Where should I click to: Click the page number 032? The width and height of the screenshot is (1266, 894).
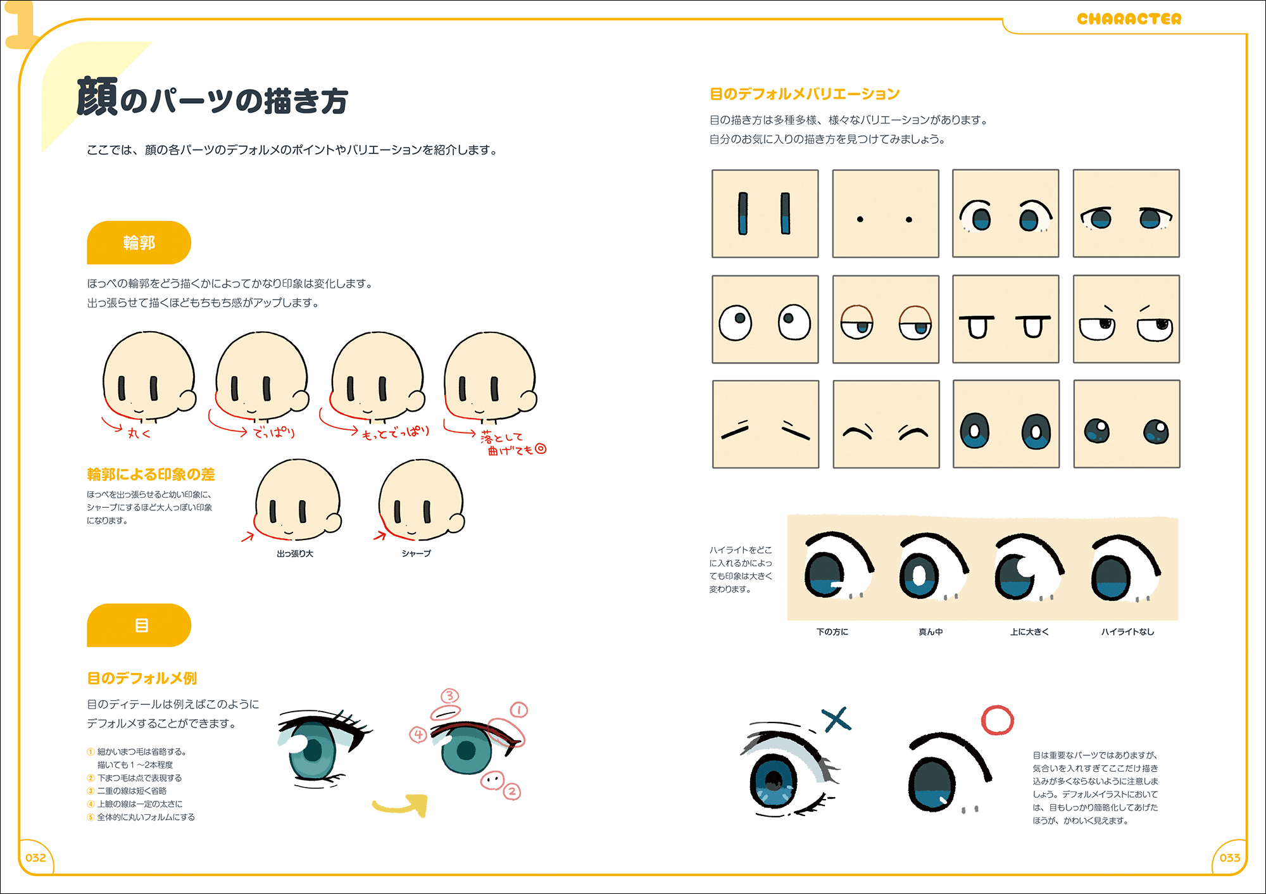tap(35, 858)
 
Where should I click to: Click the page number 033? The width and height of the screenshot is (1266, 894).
tap(1229, 858)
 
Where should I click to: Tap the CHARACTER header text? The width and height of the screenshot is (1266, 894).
tap(1129, 19)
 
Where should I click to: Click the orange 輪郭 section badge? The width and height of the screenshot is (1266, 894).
tap(139, 242)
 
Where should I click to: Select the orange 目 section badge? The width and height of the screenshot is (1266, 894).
tap(139, 626)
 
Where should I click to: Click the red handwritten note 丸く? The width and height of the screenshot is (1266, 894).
tap(139, 434)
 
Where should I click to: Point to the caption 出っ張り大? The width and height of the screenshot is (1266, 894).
tap(295, 554)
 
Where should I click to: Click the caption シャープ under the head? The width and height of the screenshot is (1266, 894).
tap(416, 554)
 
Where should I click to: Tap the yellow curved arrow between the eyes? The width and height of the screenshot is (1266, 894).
tap(402, 805)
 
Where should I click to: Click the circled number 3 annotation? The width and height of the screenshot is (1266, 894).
tap(449, 696)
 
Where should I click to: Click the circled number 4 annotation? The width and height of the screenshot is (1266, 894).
tap(418, 734)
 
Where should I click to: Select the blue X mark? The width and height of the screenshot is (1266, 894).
tap(836, 720)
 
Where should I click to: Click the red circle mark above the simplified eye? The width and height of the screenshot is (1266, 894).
tap(997, 721)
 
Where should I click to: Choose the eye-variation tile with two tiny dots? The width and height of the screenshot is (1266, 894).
tap(885, 213)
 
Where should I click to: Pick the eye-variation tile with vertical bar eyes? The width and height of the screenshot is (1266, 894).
tap(765, 213)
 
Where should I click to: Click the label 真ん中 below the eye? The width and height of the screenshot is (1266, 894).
tap(931, 632)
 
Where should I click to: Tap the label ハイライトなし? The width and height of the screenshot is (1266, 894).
tap(1127, 632)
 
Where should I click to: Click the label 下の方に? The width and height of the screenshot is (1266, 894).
tap(832, 632)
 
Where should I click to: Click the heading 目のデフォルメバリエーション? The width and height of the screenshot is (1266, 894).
tap(805, 94)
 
